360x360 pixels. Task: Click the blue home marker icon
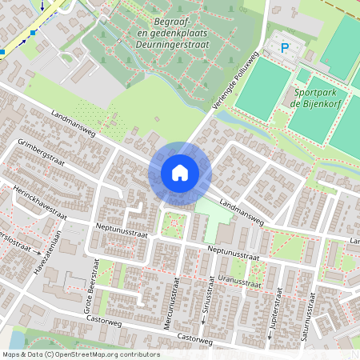[180, 172]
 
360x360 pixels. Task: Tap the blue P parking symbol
[285, 48]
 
